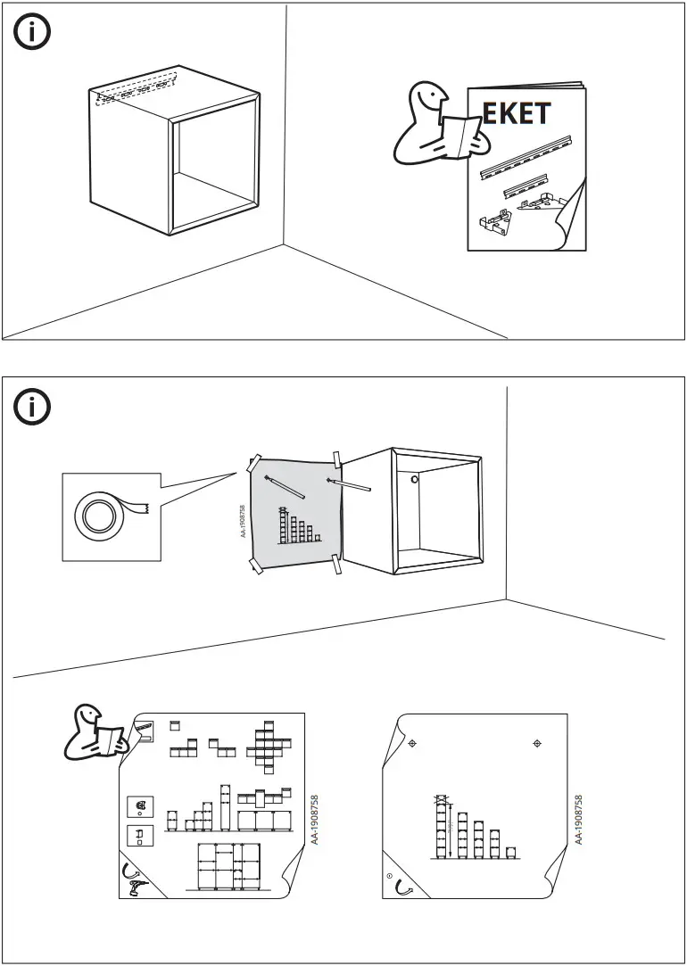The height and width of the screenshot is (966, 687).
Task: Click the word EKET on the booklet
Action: (x=517, y=115)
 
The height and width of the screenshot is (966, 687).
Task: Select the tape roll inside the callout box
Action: (x=99, y=516)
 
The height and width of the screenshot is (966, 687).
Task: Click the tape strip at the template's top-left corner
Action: (x=254, y=464)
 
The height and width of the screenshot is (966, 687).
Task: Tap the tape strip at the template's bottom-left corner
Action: (x=255, y=566)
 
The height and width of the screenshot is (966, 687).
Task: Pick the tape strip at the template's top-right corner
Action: (x=337, y=460)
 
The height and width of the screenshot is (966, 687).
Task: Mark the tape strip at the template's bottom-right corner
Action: (x=337, y=564)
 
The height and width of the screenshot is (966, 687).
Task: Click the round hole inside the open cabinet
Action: (x=414, y=480)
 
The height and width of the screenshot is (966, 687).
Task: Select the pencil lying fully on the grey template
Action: (x=285, y=486)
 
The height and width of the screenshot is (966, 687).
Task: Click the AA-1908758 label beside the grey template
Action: (x=243, y=522)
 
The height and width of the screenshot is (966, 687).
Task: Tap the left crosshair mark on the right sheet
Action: (x=412, y=743)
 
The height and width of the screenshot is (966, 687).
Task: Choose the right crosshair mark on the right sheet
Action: (x=537, y=743)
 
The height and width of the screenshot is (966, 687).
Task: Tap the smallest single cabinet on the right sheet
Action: (x=510, y=852)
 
